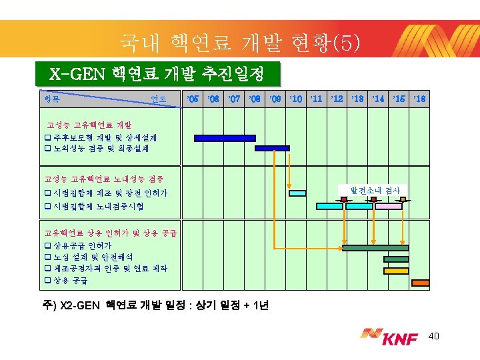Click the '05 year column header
point(193,99)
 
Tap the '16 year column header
point(419,99)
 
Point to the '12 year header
point(337,99)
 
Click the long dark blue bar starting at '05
point(225,138)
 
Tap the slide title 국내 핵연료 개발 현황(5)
point(240,43)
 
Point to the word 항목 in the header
point(52,99)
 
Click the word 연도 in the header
point(158,99)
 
